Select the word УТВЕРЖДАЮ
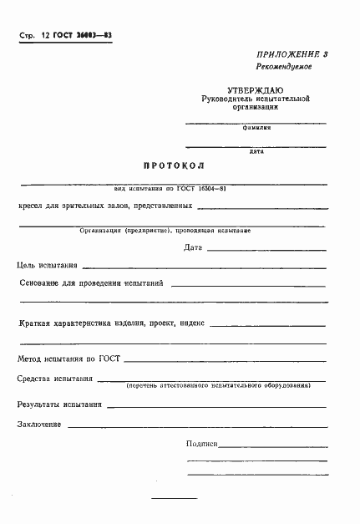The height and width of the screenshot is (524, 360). point(256,89)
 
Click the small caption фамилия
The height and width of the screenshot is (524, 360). point(256,128)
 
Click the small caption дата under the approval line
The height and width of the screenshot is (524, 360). point(256,151)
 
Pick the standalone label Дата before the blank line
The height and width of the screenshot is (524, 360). point(192,247)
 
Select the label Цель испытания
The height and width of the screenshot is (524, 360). point(48,265)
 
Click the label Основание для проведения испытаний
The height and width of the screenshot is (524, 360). point(91,283)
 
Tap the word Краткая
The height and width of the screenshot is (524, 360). point(34,323)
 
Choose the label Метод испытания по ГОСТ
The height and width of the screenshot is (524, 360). point(68,359)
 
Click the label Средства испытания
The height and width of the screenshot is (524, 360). point(55,379)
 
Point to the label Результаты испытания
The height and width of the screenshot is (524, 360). point(59,404)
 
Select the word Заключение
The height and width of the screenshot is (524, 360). point(39,425)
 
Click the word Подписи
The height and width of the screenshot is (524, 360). point(201,444)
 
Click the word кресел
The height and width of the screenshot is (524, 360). point(31,207)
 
